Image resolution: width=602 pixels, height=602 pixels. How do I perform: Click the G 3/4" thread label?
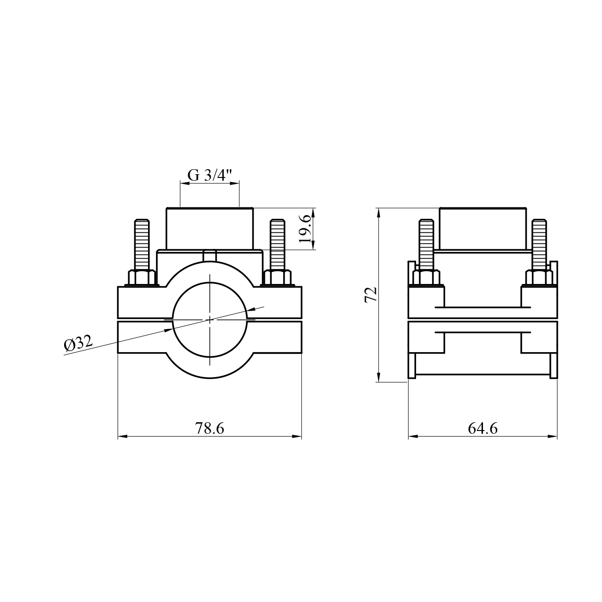pyautogui.click(x=209, y=175)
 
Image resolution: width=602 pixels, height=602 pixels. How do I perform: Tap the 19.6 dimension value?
pyautogui.click(x=305, y=228)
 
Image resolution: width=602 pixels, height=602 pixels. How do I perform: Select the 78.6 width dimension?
pyautogui.click(x=209, y=428)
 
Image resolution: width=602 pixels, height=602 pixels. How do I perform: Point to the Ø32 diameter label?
pyautogui.click(x=78, y=344)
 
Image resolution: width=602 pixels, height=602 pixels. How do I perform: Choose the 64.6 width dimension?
pyautogui.click(x=483, y=428)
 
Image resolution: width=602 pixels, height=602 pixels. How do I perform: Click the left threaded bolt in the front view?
pyautogui.click(x=142, y=245)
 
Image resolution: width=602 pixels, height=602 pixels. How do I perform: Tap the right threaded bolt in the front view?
pyautogui.click(x=277, y=245)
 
